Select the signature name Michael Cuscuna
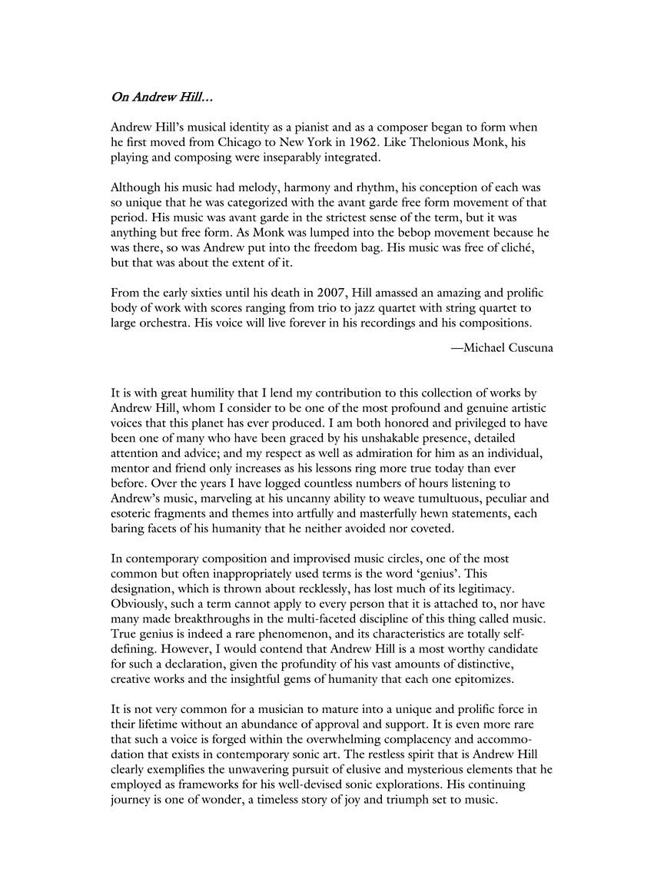click(x=502, y=347)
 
